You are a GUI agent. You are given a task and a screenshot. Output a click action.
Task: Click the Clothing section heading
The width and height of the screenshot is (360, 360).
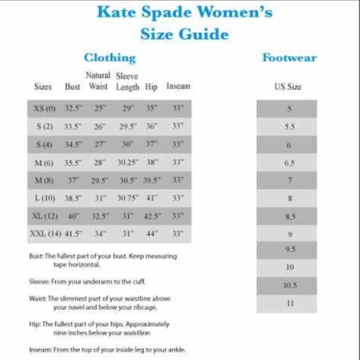[110, 58]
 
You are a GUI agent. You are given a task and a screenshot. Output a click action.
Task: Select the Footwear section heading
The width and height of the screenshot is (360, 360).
[289, 58]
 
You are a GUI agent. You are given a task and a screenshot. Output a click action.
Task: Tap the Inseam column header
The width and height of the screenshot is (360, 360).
[178, 87]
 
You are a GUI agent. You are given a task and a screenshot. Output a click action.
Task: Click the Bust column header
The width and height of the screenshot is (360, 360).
[73, 87]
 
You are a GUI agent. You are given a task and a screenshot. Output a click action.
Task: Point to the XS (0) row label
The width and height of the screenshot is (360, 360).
[45, 108]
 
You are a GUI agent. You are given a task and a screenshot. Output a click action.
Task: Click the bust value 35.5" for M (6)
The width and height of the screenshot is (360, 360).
[73, 162]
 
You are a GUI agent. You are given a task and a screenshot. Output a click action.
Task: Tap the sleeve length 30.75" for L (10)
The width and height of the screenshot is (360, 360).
[127, 198]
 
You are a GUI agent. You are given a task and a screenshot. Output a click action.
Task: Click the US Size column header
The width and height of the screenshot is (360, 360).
[288, 87]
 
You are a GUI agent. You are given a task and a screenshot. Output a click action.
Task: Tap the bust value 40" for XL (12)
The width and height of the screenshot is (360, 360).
[74, 216]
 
